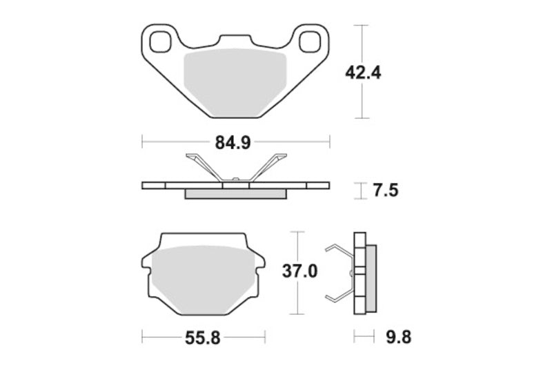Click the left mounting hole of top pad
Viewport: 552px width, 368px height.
point(161,41)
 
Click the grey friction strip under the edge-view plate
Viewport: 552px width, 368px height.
point(235,193)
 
